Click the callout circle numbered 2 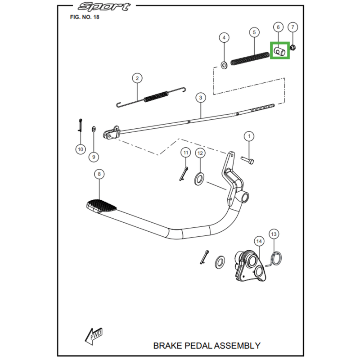tap(137, 78)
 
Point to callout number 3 tap(200, 97)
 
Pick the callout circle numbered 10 tap(80, 148)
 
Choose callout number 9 tap(94, 157)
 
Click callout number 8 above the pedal tap(99, 174)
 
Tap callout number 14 tap(258, 242)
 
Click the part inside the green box tap(279, 51)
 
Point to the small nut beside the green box tap(293, 47)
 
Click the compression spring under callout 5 tap(249, 58)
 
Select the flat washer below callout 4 tap(224, 65)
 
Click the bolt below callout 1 tap(247, 159)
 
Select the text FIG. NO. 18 tap(85, 18)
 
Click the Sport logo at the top tap(103, 7)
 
